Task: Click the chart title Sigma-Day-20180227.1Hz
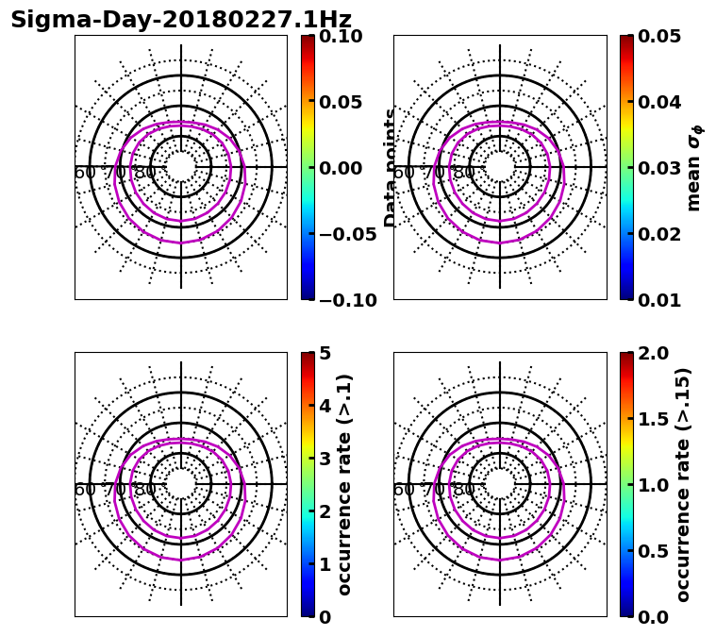[x=180, y=20]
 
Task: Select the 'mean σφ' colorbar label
[x=693, y=168]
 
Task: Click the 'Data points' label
[x=391, y=168]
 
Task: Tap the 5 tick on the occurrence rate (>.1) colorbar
[x=325, y=353]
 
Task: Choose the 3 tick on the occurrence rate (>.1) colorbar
[x=325, y=459]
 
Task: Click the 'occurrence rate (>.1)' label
[x=344, y=485]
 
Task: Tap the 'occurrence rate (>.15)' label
[x=683, y=485]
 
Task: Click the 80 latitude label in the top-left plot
[x=145, y=173]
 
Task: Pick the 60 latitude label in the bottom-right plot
[x=403, y=490]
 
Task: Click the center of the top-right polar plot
[x=500, y=168]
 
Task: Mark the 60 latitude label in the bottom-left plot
[x=84, y=490]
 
